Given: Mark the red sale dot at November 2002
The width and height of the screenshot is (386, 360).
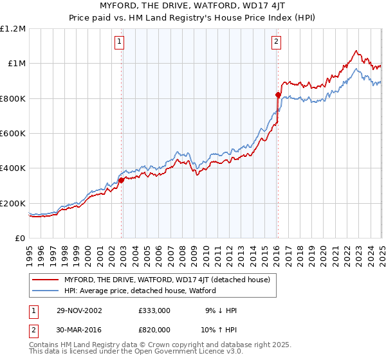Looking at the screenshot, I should (121, 180).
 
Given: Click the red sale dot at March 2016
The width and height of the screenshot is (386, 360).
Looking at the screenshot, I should (278, 94).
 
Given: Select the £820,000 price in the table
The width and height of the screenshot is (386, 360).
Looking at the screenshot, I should (154, 330).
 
